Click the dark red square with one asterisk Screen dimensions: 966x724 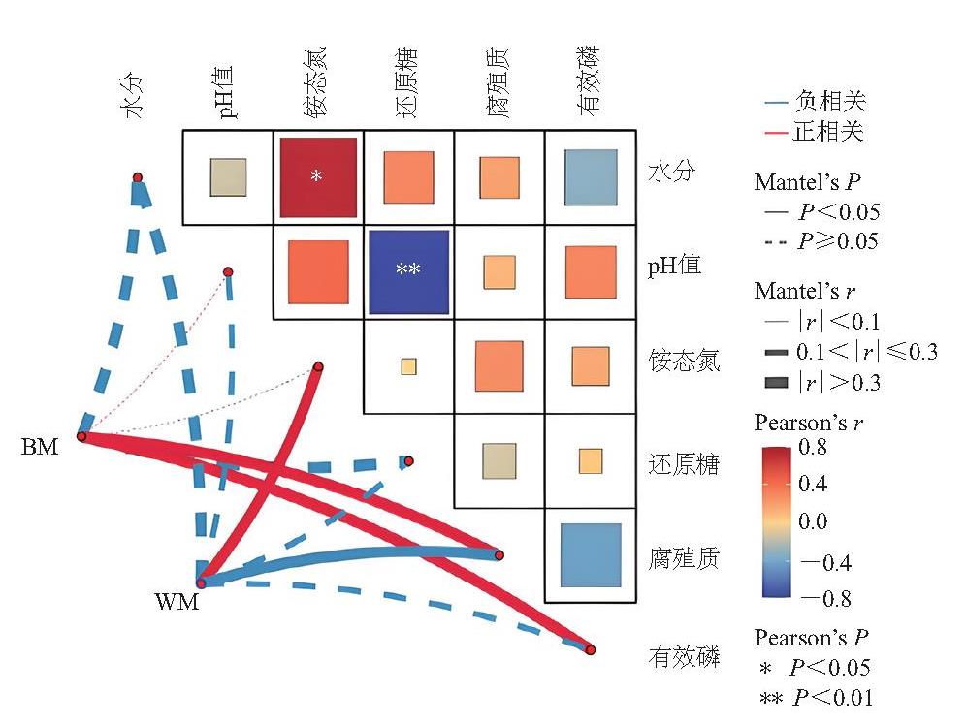318,177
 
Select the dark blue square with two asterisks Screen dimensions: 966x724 408,272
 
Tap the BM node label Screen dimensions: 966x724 40,447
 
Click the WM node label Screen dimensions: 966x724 177,601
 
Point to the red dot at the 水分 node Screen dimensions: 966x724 138,177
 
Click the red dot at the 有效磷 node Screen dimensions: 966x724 591,649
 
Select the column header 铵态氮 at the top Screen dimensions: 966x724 315,81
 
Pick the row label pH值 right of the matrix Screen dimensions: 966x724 674,266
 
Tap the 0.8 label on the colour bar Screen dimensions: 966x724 813,447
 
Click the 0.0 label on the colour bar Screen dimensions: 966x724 813,521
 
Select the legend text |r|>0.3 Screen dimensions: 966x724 839,382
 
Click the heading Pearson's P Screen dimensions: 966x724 812,638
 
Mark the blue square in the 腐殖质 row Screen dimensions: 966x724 591,555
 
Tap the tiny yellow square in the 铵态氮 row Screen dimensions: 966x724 408,367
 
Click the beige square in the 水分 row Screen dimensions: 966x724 229,177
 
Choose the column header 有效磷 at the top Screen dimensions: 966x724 589,80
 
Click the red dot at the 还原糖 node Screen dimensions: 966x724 409,460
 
